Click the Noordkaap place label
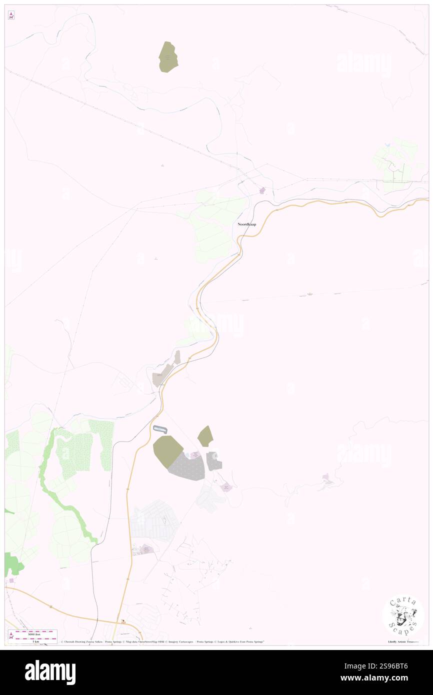click(x=247, y=225)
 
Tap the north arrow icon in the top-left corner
click(x=11, y=16)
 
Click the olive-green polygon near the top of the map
click(x=168, y=57)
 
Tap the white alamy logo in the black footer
click(x=50, y=672)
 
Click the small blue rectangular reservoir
click(x=159, y=429)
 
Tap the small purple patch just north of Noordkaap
click(x=262, y=190)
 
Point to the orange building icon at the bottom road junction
click(x=123, y=622)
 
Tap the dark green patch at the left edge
click(x=13, y=563)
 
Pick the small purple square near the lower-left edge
click(x=11, y=580)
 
